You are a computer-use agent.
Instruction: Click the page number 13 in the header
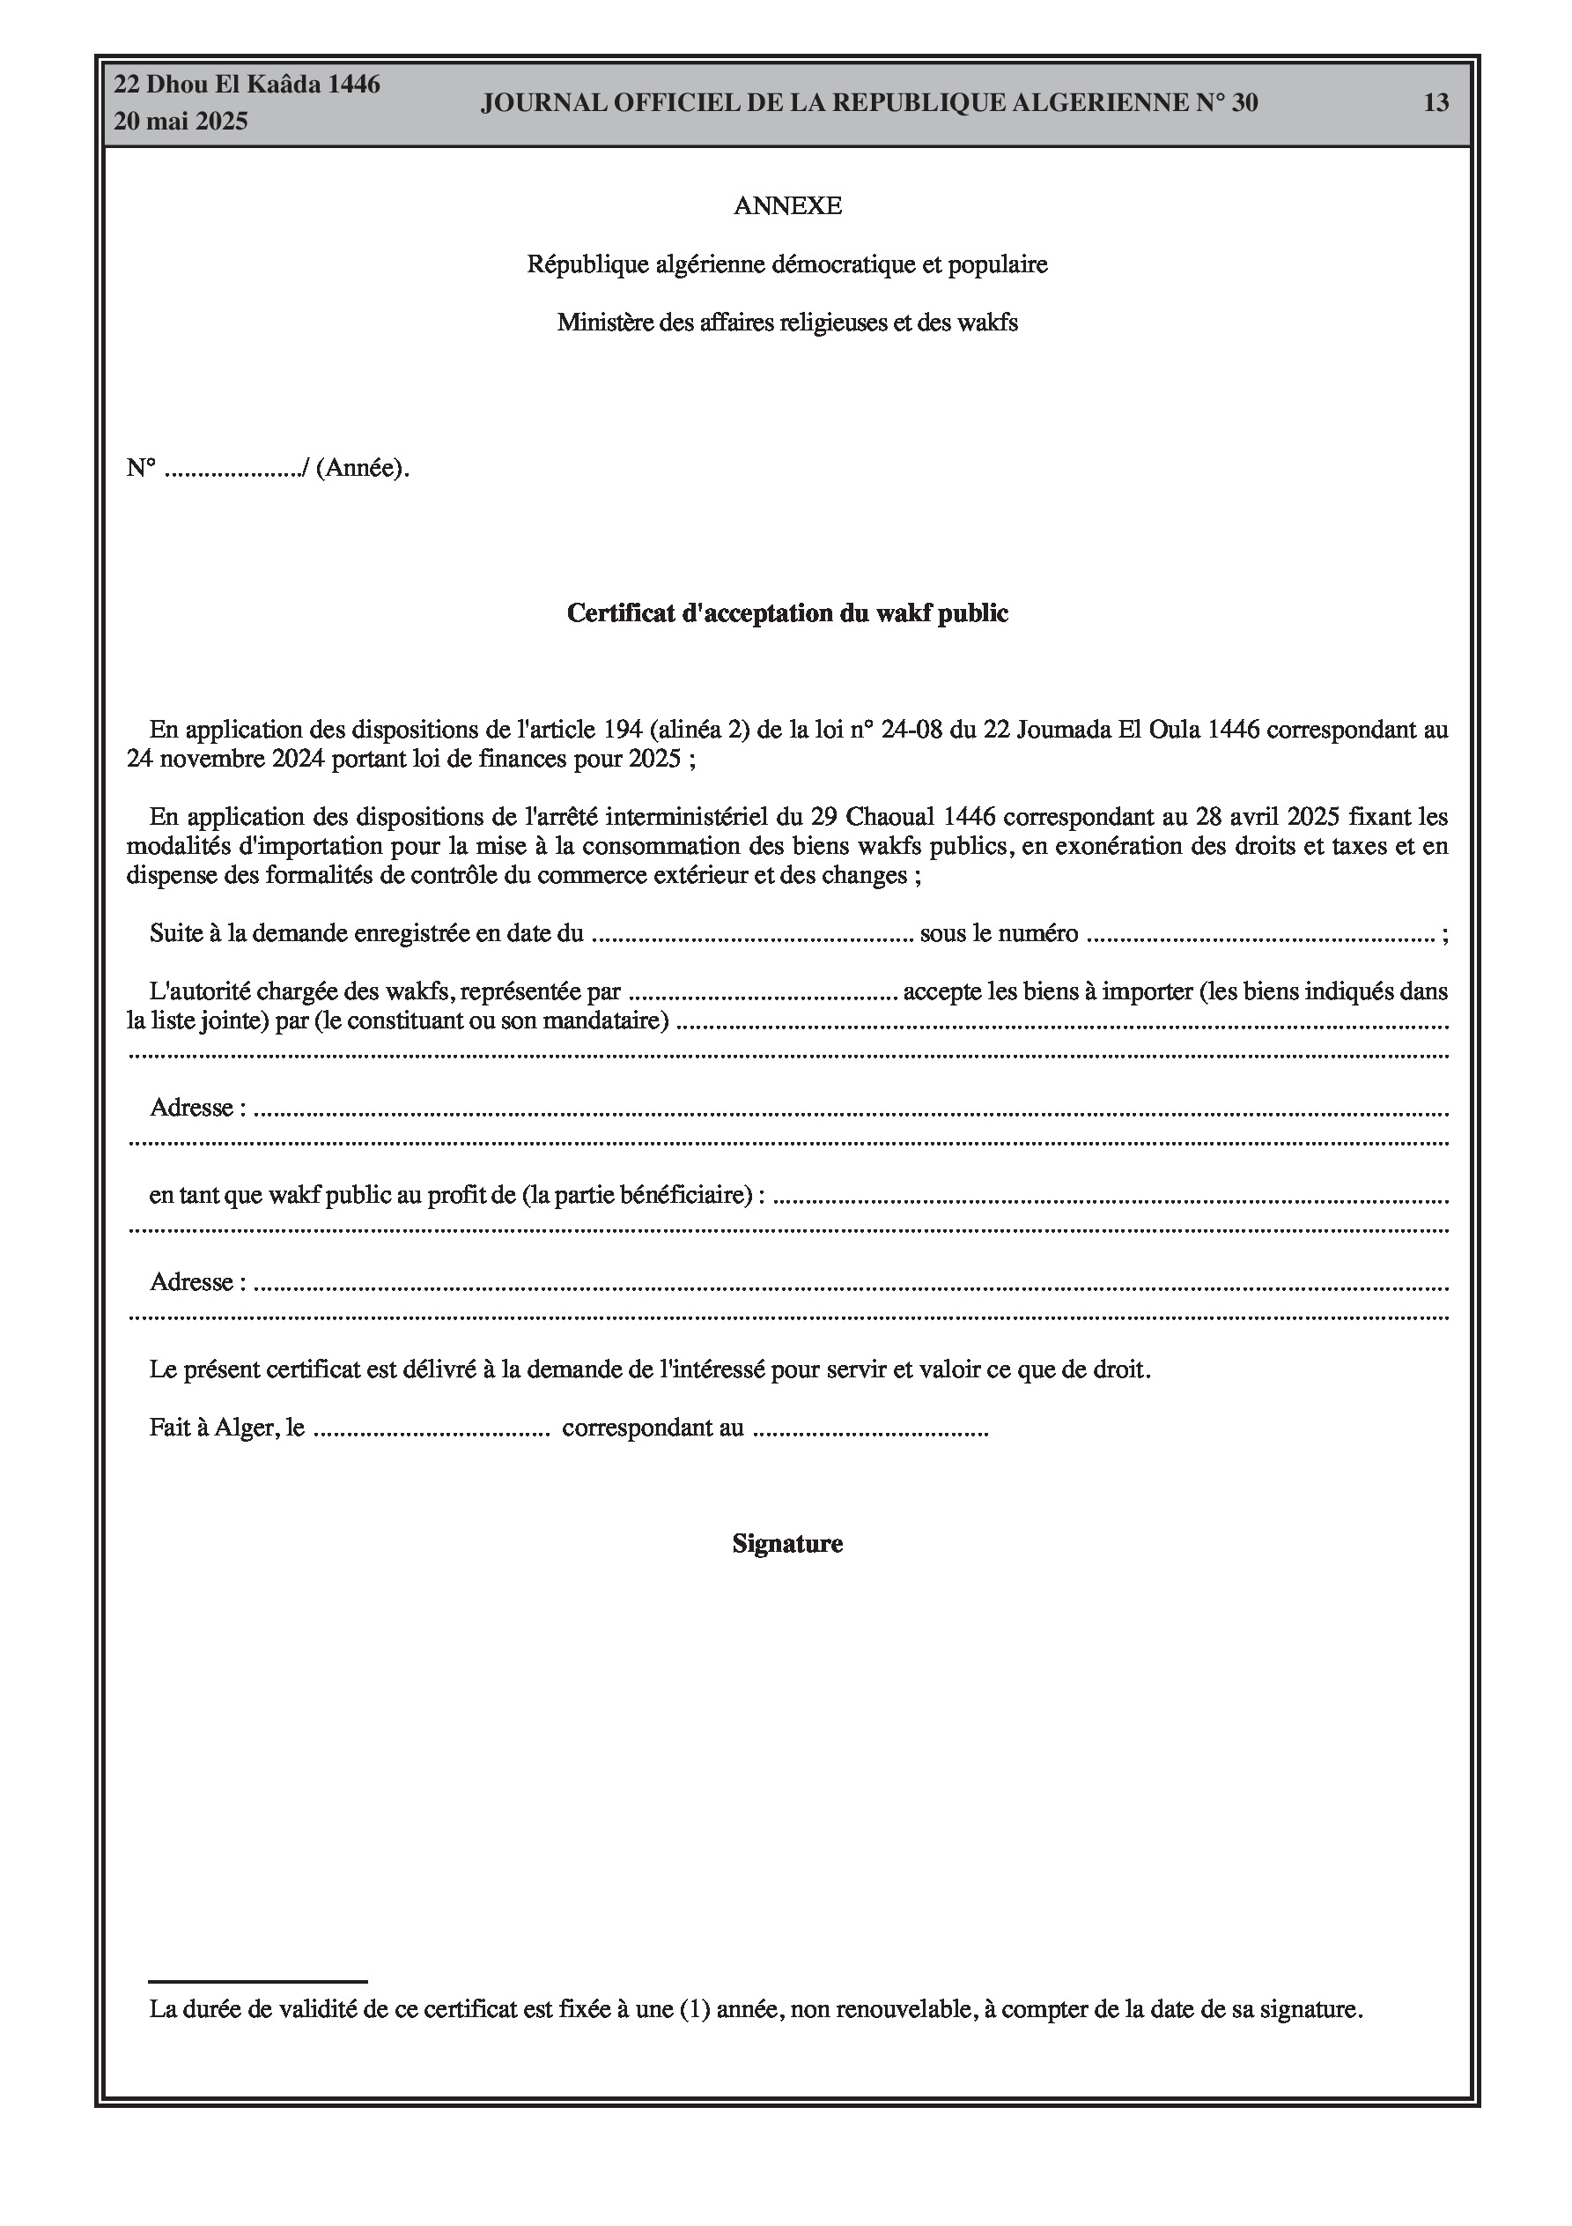click(1435, 103)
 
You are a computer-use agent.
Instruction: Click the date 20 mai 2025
click(181, 122)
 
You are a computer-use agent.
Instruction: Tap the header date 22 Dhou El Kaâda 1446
click(247, 85)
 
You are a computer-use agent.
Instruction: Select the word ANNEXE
click(787, 205)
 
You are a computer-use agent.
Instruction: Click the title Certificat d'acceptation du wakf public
click(787, 612)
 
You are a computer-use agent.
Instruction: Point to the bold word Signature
click(787, 1543)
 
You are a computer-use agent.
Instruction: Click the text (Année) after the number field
click(359, 468)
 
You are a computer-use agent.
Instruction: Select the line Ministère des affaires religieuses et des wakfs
click(787, 323)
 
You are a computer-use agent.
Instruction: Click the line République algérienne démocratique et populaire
click(787, 264)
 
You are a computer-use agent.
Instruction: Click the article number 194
click(625, 730)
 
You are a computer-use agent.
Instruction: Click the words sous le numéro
click(1000, 933)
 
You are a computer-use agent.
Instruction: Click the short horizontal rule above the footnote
click(258, 1982)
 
